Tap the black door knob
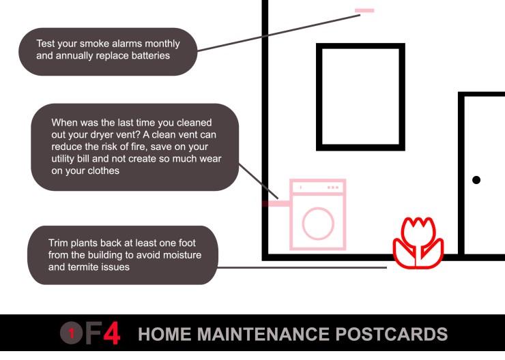476,180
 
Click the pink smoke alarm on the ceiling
364,11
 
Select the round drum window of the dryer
318,224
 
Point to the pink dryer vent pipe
276,204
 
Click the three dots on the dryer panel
333,187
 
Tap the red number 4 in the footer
112,333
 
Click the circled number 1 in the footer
72,333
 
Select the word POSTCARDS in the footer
391,334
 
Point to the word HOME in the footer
164,334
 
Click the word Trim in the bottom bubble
58,243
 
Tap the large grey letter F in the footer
93,333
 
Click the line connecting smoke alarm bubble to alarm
278,33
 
